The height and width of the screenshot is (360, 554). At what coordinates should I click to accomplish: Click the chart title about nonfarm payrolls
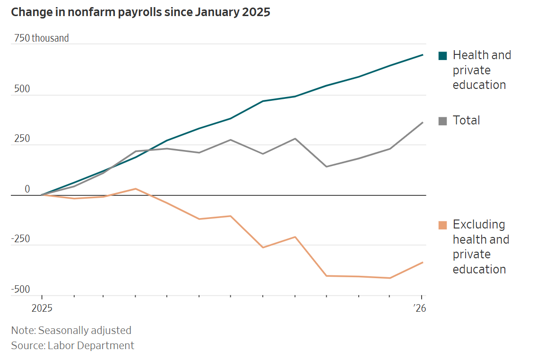[140, 12]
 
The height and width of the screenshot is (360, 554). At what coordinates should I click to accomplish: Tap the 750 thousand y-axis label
[41, 38]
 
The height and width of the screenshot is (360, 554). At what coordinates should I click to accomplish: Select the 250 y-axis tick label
[22, 139]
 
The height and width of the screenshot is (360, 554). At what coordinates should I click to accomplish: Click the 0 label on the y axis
[27, 189]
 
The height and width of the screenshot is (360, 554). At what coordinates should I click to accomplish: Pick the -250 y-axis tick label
[20, 239]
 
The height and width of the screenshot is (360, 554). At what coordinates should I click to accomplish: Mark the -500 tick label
[20, 290]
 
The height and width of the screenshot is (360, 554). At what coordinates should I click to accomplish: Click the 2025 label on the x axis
[42, 308]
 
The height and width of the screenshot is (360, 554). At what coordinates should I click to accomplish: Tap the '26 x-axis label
[419, 308]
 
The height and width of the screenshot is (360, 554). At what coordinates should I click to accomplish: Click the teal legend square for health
[442, 56]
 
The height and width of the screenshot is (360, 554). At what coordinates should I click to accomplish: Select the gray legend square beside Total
[442, 121]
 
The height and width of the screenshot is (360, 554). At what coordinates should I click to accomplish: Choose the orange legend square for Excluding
[442, 225]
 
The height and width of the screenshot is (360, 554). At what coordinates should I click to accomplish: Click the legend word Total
[466, 121]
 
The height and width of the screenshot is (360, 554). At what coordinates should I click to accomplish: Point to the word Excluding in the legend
[478, 224]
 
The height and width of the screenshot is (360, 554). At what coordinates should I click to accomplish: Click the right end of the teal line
[423, 55]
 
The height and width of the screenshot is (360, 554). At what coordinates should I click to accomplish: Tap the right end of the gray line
[423, 123]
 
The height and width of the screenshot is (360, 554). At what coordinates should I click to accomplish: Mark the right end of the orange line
[423, 262]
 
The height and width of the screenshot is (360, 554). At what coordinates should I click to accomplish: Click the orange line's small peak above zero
[136, 189]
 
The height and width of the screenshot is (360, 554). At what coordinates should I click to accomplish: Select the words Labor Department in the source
[91, 345]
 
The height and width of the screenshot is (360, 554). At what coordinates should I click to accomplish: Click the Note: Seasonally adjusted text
[71, 330]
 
